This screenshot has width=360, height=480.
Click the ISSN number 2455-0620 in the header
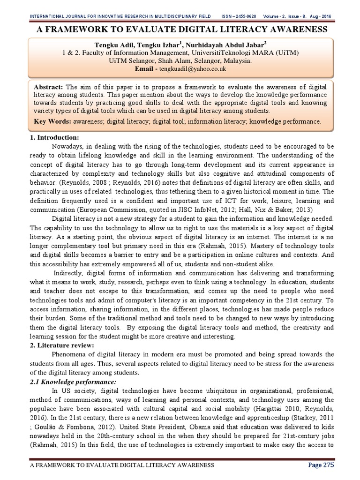pos(249,17)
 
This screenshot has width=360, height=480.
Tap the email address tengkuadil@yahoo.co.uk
pos(193,68)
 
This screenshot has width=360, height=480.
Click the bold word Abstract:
pos(49,88)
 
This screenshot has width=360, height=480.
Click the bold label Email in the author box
pos(143,68)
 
